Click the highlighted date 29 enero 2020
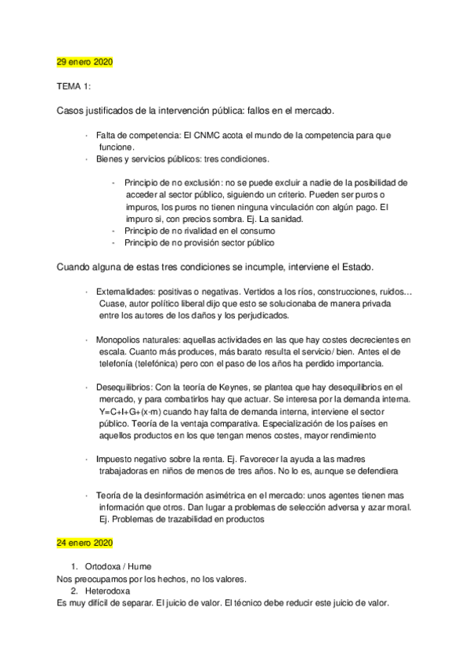(85, 61)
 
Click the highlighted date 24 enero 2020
(85, 543)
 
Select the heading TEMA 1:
(74, 85)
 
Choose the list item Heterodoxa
(106, 591)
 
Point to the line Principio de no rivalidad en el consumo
(200, 231)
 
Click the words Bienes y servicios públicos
(149, 159)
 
